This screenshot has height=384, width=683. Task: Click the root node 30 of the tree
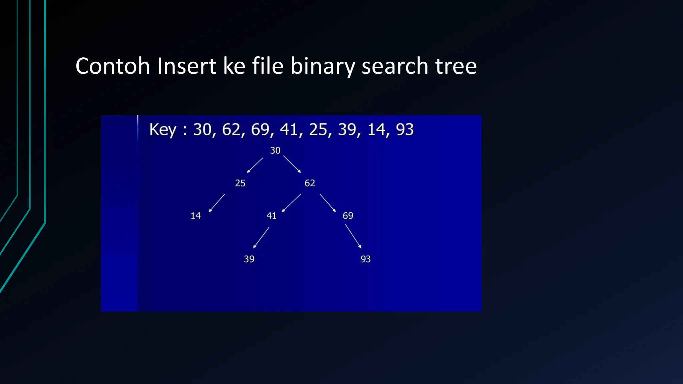(275, 150)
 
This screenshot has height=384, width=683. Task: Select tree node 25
(240, 183)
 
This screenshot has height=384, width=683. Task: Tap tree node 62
(310, 183)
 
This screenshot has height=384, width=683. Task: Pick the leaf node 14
(196, 216)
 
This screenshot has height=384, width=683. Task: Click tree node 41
(271, 216)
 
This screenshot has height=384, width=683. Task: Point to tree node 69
(348, 216)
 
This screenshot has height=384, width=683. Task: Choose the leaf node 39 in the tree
(249, 259)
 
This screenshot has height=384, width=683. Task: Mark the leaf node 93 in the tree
(366, 259)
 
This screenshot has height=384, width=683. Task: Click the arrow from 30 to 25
(255, 165)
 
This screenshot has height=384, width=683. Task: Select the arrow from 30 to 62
(292, 164)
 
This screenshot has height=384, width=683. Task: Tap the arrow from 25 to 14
(217, 203)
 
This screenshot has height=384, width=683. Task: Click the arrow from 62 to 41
(291, 203)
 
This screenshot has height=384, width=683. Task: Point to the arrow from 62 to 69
(327, 203)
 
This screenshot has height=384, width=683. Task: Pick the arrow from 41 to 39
(261, 238)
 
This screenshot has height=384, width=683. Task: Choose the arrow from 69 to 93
(353, 236)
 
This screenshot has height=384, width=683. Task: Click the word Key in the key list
(162, 130)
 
